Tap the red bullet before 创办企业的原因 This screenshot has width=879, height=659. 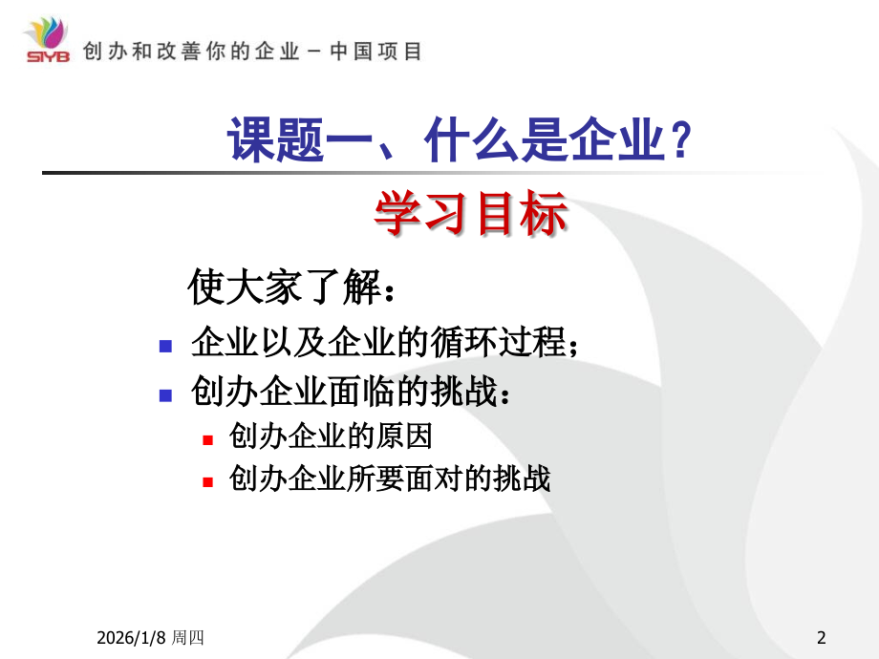tap(207, 439)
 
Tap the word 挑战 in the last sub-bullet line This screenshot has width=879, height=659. tap(528, 478)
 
